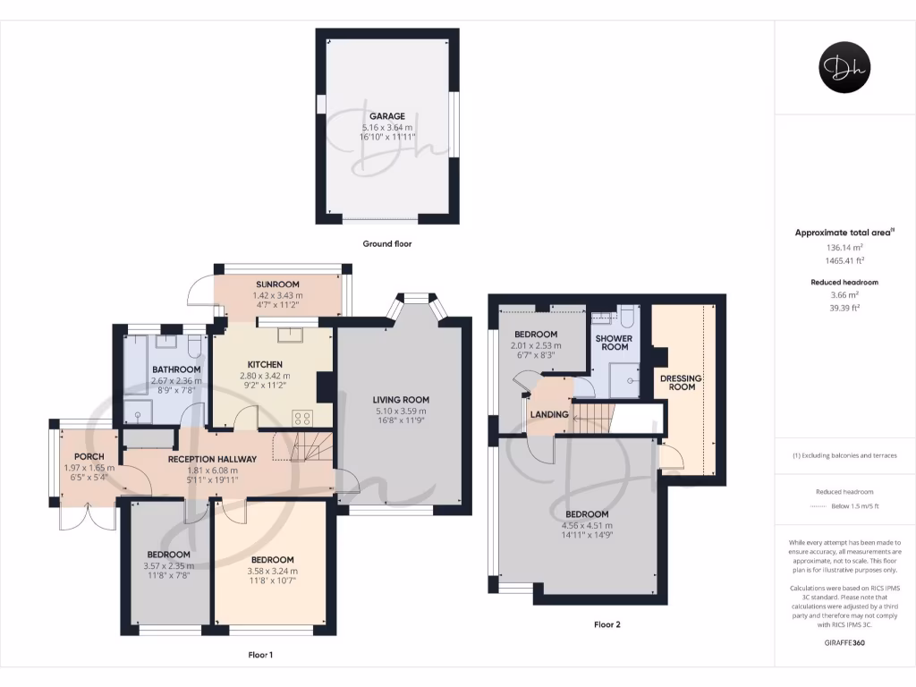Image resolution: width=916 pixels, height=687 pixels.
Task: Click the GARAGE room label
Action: click(x=387, y=115)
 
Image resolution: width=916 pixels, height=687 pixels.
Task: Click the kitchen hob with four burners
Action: click(x=303, y=416)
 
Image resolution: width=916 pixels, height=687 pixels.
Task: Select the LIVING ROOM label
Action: click(x=401, y=400)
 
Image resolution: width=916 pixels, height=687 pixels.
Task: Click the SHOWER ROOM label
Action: click(x=614, y=343)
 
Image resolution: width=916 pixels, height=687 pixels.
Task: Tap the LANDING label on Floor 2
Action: click(x=549, y=415)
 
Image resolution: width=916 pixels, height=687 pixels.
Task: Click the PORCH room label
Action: click(x=89, y=456)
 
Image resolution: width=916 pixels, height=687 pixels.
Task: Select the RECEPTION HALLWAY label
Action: click(x=212, y=459)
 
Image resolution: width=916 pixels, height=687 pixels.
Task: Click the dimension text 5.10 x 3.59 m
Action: click(x=401, y=411)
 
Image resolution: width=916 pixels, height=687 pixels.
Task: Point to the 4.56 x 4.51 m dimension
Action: click(x=586, y=525)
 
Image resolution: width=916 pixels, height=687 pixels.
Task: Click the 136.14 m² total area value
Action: click(x=844, y=246)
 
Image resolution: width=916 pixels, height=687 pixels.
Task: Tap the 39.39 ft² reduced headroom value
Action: click(x=844, y=307)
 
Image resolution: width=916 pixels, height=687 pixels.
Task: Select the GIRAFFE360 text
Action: click(x=844, y=642)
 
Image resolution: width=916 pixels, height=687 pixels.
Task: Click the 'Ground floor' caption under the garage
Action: click(x=386, y=243)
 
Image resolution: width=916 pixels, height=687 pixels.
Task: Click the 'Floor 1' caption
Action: click(x=260, y=655)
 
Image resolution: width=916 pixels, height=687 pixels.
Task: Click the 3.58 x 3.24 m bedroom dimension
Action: click(x=272, y=571)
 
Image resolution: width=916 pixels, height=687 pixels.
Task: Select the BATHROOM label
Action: click(x=175, y=369)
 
